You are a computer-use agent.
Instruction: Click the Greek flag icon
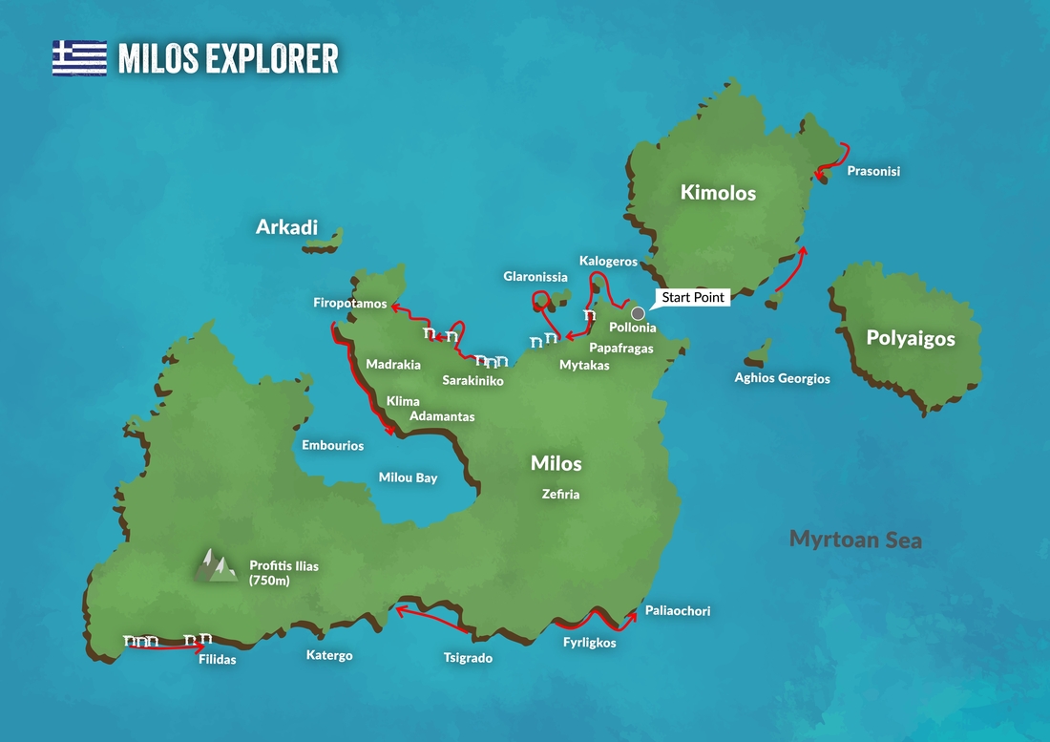[79, 57]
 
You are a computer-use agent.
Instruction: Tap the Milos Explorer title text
[228, 58]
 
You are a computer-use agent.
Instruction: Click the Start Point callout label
[694, 297]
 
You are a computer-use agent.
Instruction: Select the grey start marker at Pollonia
[638, 313]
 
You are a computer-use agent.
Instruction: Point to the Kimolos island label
[718, 193]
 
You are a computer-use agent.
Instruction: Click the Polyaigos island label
[910, 338]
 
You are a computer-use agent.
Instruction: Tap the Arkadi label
[286, 227]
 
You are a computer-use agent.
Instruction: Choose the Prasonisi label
[873, 172]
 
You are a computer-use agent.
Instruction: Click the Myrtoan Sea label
[855, 540]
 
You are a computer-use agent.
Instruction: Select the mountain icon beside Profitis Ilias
[216, 565]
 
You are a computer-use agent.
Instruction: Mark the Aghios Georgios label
[782, 378]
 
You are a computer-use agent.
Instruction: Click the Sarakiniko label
[472, 380]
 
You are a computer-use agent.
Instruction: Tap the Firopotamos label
[349, 304]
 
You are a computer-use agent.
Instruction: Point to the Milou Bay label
[408, 477]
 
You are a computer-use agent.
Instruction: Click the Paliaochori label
[677, 611]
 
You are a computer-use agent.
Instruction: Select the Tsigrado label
[468, 658]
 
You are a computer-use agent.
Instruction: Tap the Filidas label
[217, 659]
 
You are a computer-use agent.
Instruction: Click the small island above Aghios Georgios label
[759, 353]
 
